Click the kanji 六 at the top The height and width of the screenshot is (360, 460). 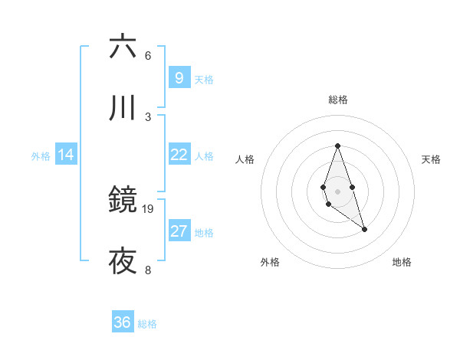coord(123,47)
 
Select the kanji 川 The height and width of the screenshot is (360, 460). coord(123,109)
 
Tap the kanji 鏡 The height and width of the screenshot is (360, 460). coord(123,201)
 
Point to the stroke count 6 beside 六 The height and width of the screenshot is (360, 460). coord(148,56)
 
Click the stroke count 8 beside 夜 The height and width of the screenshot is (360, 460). coord(148,270)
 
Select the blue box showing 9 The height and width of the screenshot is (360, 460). coord(179,77)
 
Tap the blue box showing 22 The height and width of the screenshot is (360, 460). coord(179,155)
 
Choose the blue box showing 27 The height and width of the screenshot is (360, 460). coord(179,231)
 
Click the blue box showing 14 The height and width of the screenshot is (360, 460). coord(66,155)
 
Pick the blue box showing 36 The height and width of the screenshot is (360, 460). coord(122,322)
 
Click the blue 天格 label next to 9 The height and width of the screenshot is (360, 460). coord(204,80)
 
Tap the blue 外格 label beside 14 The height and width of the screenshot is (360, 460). coord(41,156)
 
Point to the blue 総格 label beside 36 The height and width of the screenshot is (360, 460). coord(147,324)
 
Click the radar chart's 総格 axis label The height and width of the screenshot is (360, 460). coord(338,100)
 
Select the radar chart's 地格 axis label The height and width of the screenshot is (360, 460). coord(402,262)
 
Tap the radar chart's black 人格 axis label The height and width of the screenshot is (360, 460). coord(245,159)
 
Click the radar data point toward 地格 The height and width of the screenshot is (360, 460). coord(364,229)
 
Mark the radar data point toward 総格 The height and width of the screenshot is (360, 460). coord(337,146)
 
